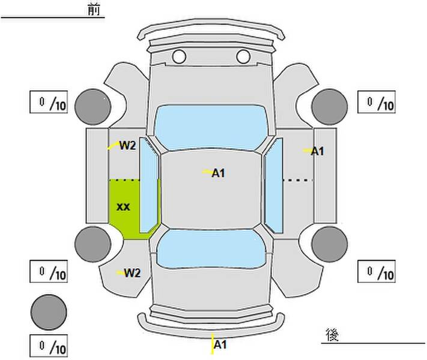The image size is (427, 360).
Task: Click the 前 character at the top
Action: (x=94, y=10)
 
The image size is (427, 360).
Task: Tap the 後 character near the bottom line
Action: (x=332, y=335)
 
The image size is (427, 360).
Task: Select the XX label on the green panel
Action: (x=123, y=207)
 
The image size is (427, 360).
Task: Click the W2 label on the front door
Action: (x=127, y=146)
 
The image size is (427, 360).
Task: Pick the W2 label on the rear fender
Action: (x=132, y=273)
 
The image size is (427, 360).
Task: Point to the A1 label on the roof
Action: (x=219, y=173)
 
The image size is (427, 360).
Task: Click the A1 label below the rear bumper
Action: (x=220, y=345)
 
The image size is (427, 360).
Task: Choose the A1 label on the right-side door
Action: (x=318, y=151)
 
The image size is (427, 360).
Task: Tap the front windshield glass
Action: (x=211, y=127)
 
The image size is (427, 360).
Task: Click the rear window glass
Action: (x=211, y=248)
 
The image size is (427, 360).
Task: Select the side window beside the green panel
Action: (x=149, y=185)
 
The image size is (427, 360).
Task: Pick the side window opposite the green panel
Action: (x=274, y=185)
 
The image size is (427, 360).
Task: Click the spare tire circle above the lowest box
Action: (x=49, y=312)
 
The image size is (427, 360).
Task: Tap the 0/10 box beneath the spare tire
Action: (x=49, y=346)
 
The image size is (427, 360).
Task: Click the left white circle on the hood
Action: (x=179, y=56)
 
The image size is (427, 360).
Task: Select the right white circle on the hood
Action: (x=243, y=56)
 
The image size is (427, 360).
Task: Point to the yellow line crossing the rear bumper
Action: (x=213, y=343)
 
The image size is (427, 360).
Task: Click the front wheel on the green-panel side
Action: (x=93, y=107)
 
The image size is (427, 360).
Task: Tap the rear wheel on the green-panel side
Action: (x=93, y=244)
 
